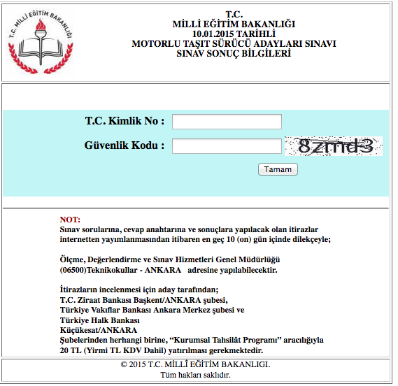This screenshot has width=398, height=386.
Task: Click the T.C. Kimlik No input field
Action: point(227,122)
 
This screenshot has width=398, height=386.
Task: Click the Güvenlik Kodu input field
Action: point(227,146)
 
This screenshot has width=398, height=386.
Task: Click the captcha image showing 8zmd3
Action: point(335,146)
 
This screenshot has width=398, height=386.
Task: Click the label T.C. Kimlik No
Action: point(125,121)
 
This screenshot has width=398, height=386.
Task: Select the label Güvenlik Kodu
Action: point(125,145)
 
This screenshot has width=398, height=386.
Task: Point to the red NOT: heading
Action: point(71,220)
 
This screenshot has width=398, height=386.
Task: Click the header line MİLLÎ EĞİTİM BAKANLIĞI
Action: point(234,24)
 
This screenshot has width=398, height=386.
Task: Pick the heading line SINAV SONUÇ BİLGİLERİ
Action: point(234,53)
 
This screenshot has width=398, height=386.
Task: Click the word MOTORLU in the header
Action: point(155,43)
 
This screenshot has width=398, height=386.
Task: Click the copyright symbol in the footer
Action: point(125,364)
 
